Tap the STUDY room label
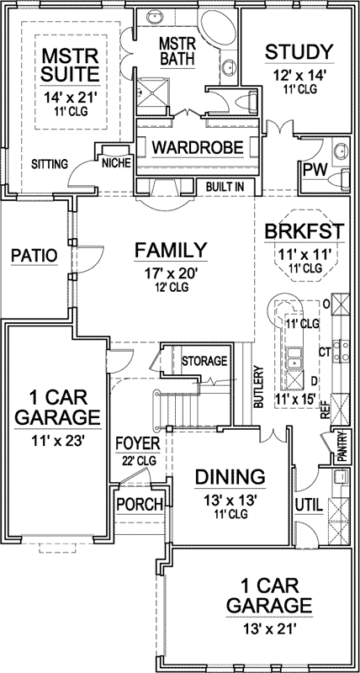(x=299, y=52)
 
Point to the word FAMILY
(x=172, y=250)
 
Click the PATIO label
(x=34, y=255)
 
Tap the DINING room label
(x=230, y=477)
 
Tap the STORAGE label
(x=204, y=361)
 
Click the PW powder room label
(x=314, y=171)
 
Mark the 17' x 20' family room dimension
(x=172, y=272)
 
